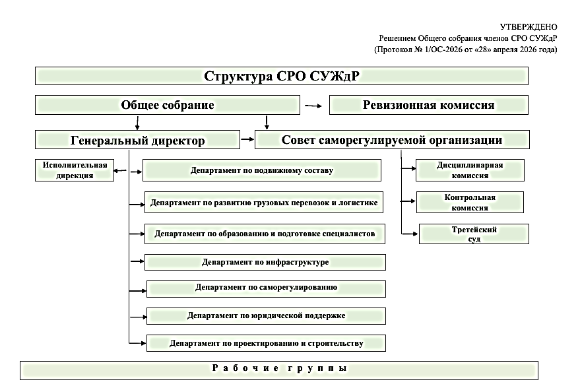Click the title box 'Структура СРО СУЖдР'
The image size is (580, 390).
pyautogui.click(x=282, y=76)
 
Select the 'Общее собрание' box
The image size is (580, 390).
pyautogui.click(x=168, y=105)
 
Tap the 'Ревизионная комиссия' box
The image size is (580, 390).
pyautogui.click(x=429, y=105)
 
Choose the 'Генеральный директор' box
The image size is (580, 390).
pyautogui.click(x=138, y=140)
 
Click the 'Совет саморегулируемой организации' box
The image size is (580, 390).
pyautogui.click(x=392, y=139)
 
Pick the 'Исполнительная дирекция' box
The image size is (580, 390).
pyautogui.click(x=75, y=170)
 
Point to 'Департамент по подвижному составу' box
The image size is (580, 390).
pyautogui.click(x=262, y=170)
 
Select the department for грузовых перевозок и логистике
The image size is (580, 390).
pyautogui.click(x=264, y=203)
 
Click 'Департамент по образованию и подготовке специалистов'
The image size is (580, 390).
pyautogui.click(x=265, y=234)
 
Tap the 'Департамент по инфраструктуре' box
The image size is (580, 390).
pyautogui.click(x=265, y=262)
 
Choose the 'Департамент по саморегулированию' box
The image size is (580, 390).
pyautogui.click(x=267, y=289)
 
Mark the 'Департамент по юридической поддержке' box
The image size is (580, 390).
pyautogui.click(x=267, y=316)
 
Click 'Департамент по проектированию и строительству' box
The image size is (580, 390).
pyautogui.click(x=267, y=343)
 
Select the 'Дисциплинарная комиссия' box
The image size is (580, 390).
pyautogui.click(x=470, y=170)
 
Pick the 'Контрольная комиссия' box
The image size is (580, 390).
pyautogui.click(x=470, y=203)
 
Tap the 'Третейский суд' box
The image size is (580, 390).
pyautogui.click(x=474, y=234)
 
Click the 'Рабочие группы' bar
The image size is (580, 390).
pyautogui.click(x=279, y=370)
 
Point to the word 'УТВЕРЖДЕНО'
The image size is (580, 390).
pyautogui.click(x=529, y=26)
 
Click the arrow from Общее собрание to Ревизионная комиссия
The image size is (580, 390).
pyautogui.click(x=313, y=106)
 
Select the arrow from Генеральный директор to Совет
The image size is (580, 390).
pyautogui.click(x=247, y=139)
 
